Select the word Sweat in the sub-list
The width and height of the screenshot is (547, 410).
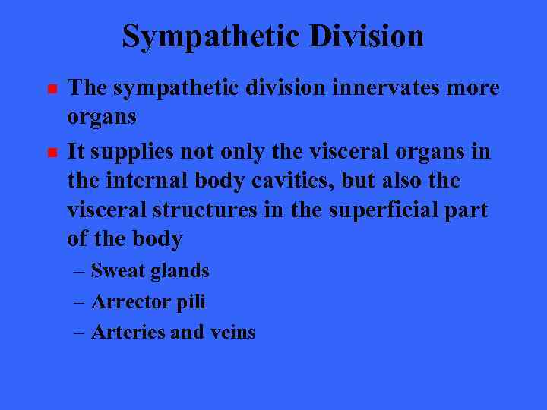click(x=114, y=270)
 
